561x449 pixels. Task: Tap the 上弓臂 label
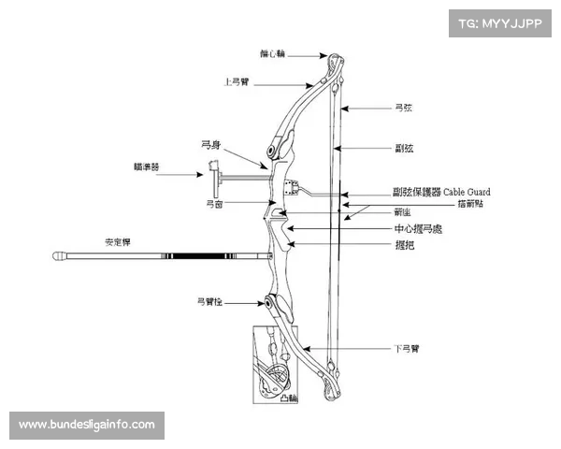click(237, 81)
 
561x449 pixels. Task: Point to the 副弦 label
click(404, 148)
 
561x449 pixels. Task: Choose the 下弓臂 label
click(404, 348)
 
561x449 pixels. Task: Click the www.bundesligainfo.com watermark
click(87, 425)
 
